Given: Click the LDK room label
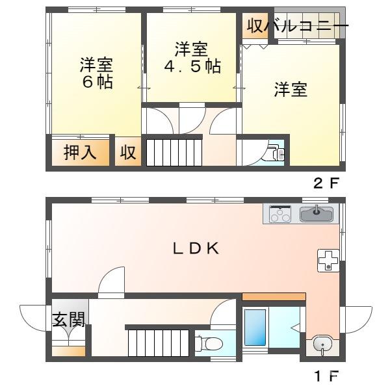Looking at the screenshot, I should pos(195,248).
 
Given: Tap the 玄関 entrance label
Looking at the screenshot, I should pos(68,320).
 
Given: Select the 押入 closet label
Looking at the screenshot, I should pos(80,153).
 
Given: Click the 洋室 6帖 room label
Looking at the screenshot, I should pos(96,73).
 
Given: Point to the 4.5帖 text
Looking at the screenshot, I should pos(190,67).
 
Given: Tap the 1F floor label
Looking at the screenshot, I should pos(326,376).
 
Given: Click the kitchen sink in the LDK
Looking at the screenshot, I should pos(317,213).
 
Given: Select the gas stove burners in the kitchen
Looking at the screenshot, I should pos(280,214).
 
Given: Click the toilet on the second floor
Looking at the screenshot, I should pos(273,153).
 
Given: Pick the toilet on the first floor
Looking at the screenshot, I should pos(207,343).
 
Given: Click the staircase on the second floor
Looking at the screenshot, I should pos(173,153).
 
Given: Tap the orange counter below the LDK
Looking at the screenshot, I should pos(274,297).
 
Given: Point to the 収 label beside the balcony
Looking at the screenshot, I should pos(253,27).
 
